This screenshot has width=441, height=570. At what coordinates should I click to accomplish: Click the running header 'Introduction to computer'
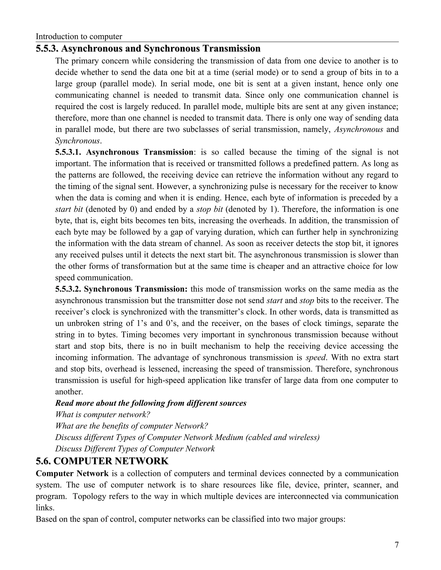(x=79, y=37)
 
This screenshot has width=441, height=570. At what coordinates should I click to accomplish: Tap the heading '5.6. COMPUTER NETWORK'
(x=102, y=461)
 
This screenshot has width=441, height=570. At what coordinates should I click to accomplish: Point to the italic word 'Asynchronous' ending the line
(x=359, y=129)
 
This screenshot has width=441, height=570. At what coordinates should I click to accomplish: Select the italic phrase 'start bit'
(x=69, y=209)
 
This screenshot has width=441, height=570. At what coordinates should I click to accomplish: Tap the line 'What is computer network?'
(x=103, y=415)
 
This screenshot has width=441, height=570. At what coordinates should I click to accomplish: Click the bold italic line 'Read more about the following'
(x=151, y=403)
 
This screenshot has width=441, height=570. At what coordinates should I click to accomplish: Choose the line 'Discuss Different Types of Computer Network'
(x=135, y=449)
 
